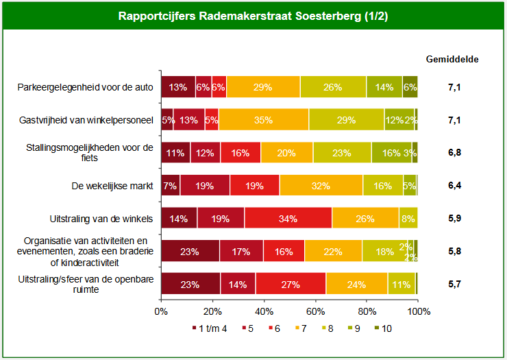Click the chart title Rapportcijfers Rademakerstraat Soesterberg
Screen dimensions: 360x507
[253, 16]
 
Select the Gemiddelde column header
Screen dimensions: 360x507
[452, 59]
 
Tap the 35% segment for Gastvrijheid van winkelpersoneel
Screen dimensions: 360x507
[263, 120]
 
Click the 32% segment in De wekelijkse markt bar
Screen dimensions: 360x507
[321, 185]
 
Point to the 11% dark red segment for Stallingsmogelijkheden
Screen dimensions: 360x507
[175, 153]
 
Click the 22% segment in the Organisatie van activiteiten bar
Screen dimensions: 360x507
[333, 251]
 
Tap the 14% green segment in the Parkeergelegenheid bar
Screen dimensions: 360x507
[384, 88]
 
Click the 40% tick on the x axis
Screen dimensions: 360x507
[264, 311]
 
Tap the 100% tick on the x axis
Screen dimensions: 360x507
[419, 311]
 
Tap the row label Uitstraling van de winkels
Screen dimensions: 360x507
[103, 218]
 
